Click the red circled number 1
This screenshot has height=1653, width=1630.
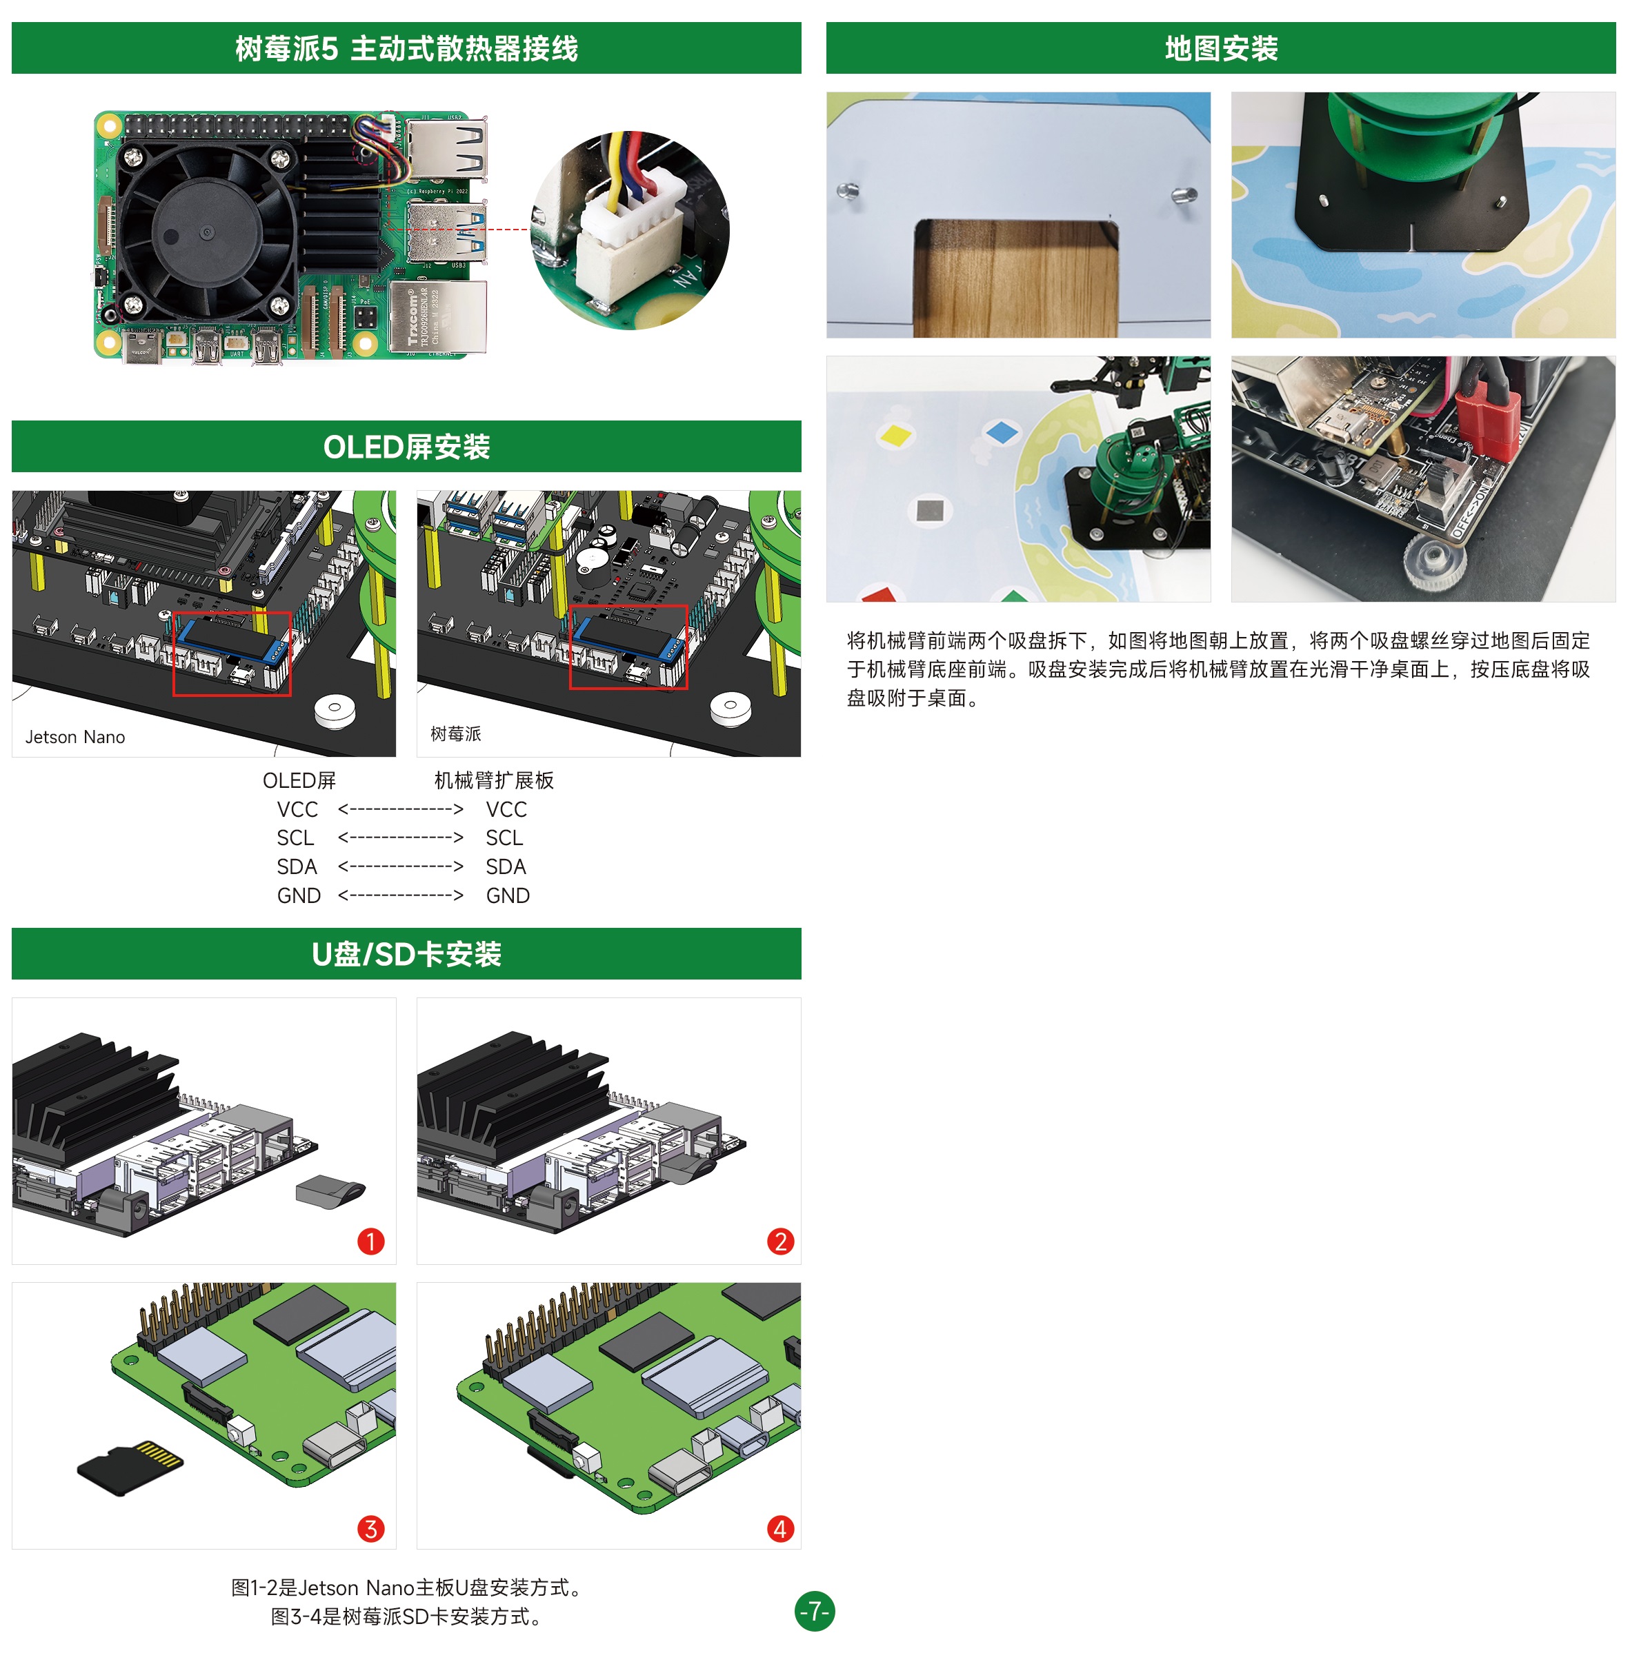(x=370, y=1241)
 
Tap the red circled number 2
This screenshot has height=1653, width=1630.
(x=780, y=1241)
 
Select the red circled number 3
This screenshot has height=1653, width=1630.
(x=370, y=1529)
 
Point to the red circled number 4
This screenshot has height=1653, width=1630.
(x=780, y=1529)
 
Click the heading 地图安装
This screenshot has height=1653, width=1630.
(x=1221, y=49)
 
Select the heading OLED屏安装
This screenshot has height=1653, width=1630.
(x=407, y=447)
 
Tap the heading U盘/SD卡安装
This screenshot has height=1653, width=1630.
(x=407, y=954)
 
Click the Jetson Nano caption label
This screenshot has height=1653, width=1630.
(x=75, y=737)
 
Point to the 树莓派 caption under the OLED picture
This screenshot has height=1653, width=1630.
(x=455, y=733)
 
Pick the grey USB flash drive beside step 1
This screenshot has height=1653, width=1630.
(x=330, y=1191)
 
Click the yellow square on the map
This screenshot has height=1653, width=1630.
(x=895, y=435)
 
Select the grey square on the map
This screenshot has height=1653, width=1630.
(x=930, y=511)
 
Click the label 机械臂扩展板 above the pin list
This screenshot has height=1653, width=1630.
(x=494, y=780)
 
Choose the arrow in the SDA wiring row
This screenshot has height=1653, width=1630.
(x=401, y=866)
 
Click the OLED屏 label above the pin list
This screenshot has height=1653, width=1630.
(x=299, y=780)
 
